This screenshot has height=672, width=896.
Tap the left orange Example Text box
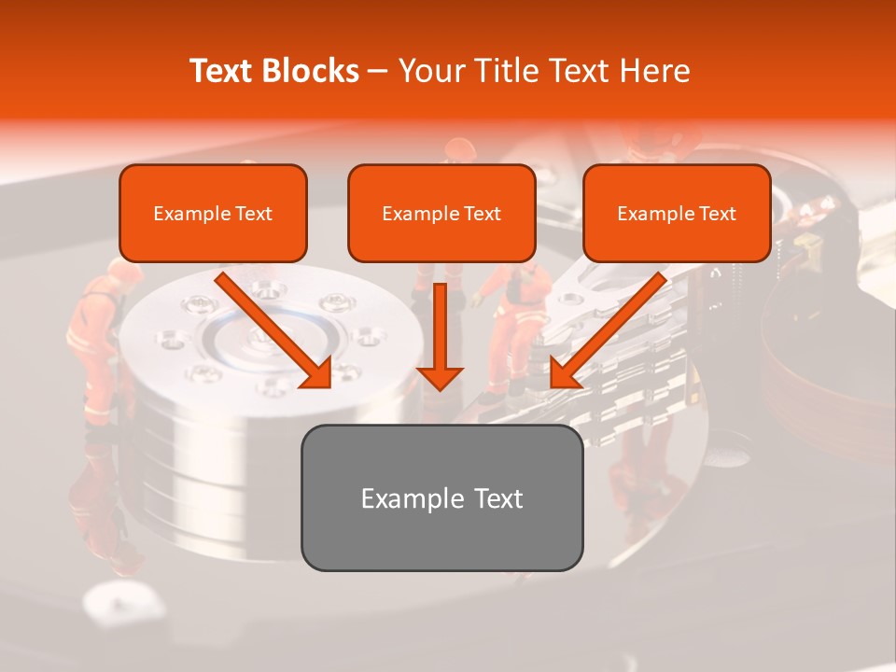tap(213, 214)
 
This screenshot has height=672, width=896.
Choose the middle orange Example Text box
tap(441, 214)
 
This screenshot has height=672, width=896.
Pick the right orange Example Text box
tap(677, 214)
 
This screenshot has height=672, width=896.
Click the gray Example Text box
tap(441, 497)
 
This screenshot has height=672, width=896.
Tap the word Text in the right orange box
tap(718, 214)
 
